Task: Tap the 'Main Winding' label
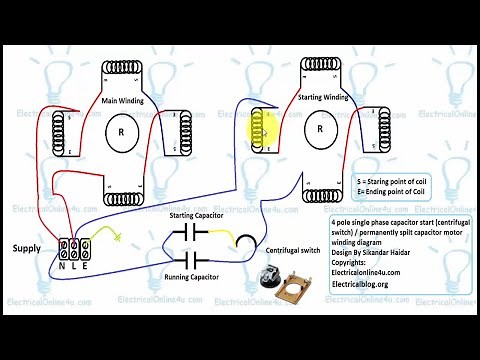(125, 100)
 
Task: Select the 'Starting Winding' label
(323, 97)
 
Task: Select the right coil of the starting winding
(382, 128)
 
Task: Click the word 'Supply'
(27, 247)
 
